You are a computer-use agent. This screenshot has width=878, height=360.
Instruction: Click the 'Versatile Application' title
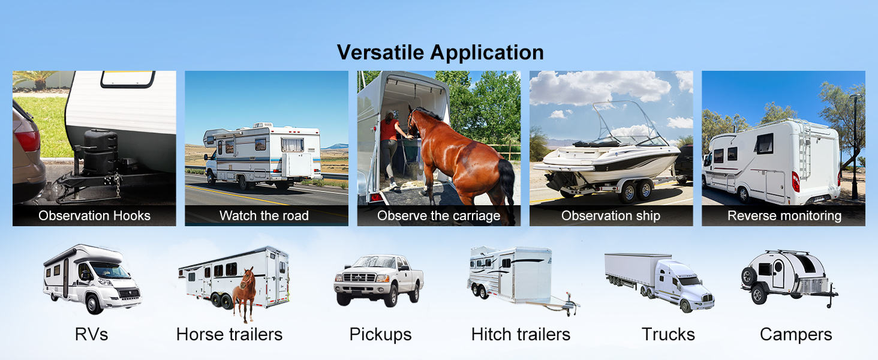440,53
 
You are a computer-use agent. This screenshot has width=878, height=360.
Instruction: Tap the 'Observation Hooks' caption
95,215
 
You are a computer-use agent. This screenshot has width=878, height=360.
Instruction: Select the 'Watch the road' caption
264,215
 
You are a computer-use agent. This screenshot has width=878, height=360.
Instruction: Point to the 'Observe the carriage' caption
438,215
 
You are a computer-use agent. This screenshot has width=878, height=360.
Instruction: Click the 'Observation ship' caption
611,215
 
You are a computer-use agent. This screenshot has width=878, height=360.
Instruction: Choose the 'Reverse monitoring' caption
784,215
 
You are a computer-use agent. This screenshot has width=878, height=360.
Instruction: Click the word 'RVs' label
91,335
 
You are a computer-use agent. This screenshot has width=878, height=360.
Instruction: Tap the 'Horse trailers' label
229,335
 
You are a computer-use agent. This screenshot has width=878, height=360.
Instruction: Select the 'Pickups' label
380,335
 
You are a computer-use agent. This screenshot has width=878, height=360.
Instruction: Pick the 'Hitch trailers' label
521,335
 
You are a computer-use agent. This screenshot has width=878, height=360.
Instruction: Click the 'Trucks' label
668,335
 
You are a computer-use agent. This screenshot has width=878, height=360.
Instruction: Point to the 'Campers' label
796,335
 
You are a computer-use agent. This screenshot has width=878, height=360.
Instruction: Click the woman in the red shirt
389,149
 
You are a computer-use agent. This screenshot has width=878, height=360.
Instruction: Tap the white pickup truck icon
378,280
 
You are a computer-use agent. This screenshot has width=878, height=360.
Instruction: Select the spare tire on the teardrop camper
749,276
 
